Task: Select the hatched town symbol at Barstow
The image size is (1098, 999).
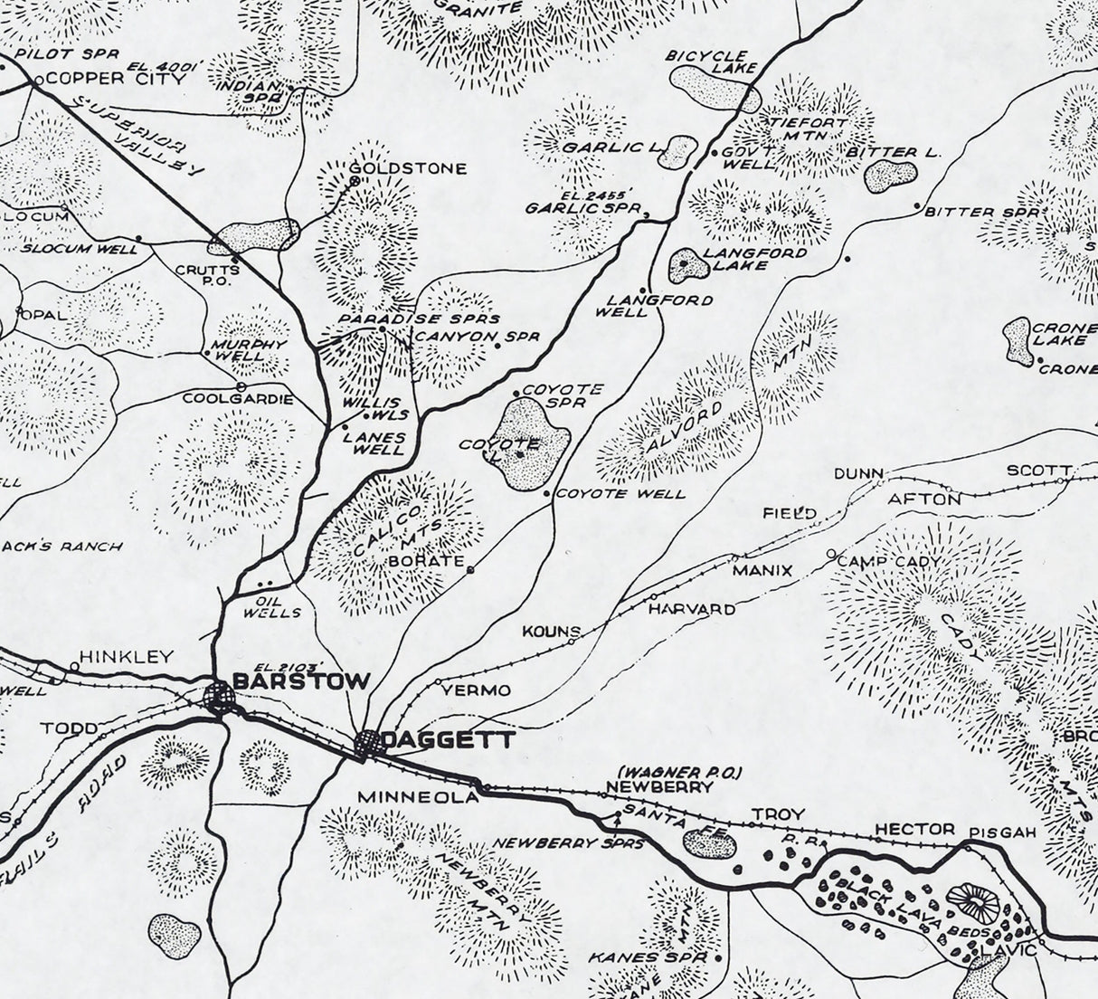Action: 219,698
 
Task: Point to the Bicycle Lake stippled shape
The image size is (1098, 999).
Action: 713,90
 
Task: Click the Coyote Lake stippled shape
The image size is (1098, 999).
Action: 535,442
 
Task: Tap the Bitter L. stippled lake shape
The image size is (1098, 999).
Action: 890,176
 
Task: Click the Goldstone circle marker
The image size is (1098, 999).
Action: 355,181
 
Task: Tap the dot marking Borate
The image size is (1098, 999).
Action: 470,569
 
